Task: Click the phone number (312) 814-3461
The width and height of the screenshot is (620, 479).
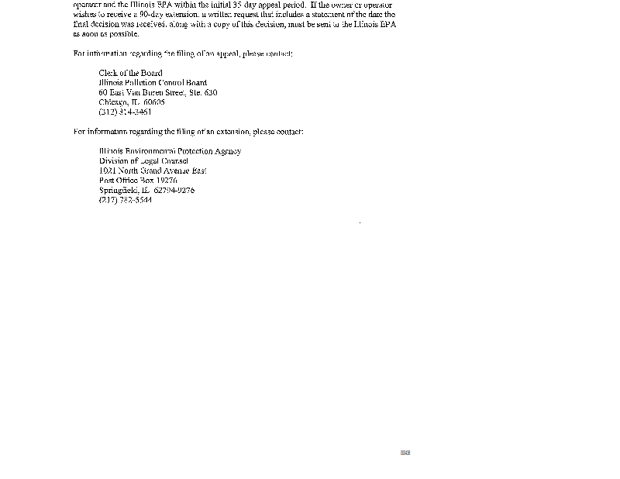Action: (x=125, y=112)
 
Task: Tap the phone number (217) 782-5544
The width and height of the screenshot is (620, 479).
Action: (x=125, y=200)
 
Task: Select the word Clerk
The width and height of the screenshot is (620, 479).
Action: (x=108, y=73)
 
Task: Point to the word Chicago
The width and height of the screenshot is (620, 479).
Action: (x=113, y=102)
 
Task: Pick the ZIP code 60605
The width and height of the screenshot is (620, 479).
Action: (x=153, y=102)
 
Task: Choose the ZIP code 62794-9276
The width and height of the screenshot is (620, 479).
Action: (x=174, y=190)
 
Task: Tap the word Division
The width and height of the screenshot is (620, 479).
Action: (x=112, y=161)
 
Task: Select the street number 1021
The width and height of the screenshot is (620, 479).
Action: (x=107, y=171)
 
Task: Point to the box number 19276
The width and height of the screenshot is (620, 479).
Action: (x=167, y=181)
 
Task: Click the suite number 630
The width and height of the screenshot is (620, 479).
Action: (x=211, y=92)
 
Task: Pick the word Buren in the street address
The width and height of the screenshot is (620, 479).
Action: (x=157, y=92)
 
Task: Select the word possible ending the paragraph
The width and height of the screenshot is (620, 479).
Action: (x=124, y=34)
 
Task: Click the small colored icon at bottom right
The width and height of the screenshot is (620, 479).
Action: (x=405, y=453)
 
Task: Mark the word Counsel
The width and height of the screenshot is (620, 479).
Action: (x=174, y=161)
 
